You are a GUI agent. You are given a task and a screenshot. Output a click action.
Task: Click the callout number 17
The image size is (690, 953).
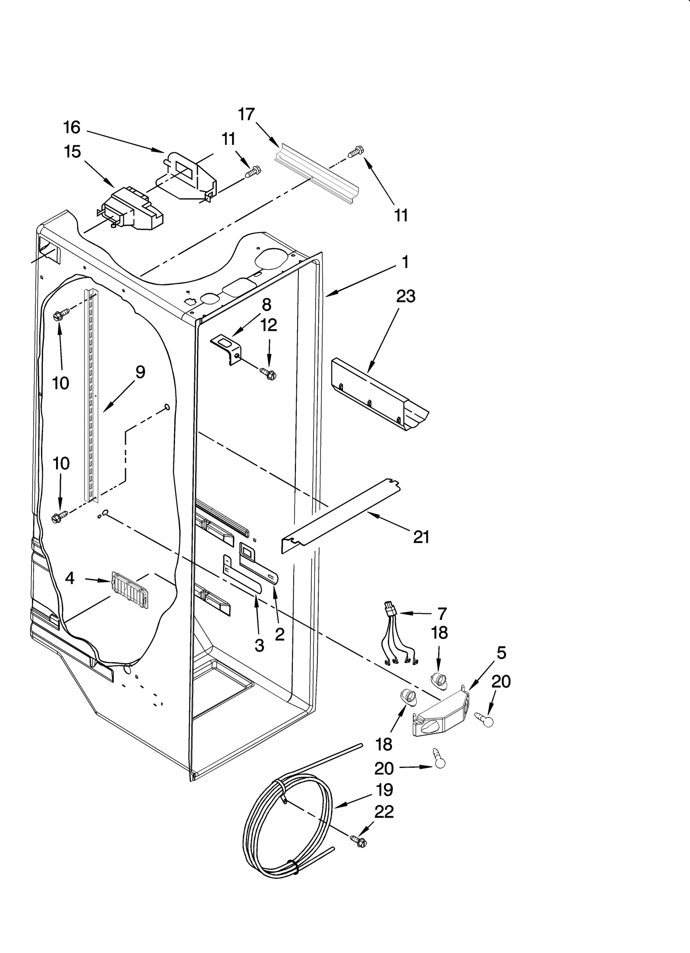(x=247, y=114)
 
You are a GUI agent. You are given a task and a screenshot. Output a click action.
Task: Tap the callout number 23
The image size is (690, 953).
(x=406, y=296)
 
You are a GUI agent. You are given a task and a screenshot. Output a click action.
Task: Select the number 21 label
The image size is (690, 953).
(x=421, y=537)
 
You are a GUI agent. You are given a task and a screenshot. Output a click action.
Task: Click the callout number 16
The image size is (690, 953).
(x=72, y=127)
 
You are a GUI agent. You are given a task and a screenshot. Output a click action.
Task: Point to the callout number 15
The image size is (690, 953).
(x=72, y=152)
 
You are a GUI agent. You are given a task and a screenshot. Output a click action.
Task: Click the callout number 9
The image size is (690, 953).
(x=140, y=372)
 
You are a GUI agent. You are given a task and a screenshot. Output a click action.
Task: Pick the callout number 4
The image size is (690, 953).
(x=70, y=578)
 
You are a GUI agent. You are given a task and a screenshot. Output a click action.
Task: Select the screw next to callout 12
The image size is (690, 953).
(x=268, y=373)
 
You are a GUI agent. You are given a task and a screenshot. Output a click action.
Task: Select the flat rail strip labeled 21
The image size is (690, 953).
(x=341, y=513)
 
